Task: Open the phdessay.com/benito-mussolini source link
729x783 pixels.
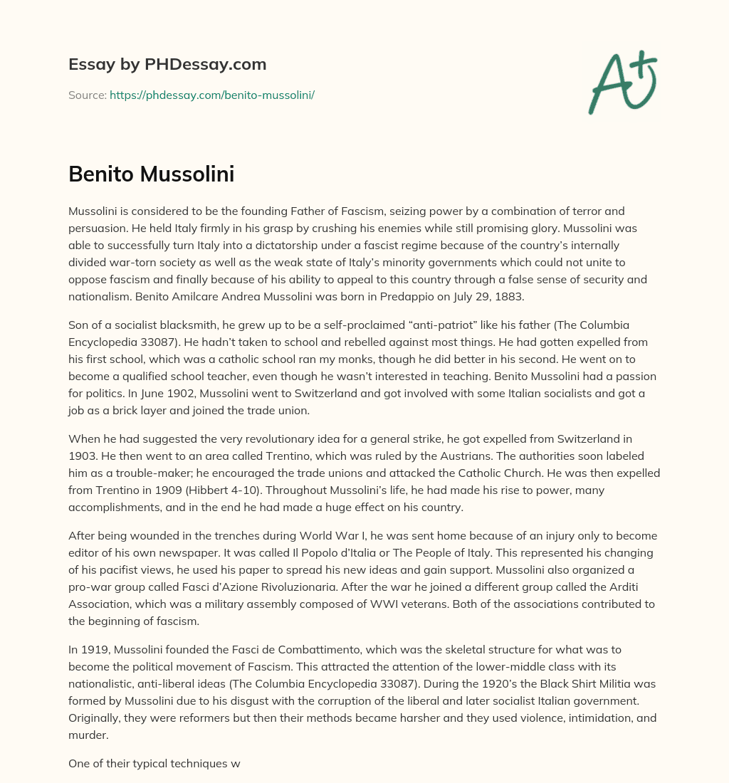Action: (x=211, y=95)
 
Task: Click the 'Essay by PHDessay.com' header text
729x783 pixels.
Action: (x=167, y=64)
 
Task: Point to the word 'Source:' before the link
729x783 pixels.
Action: (x=87, y=95)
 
